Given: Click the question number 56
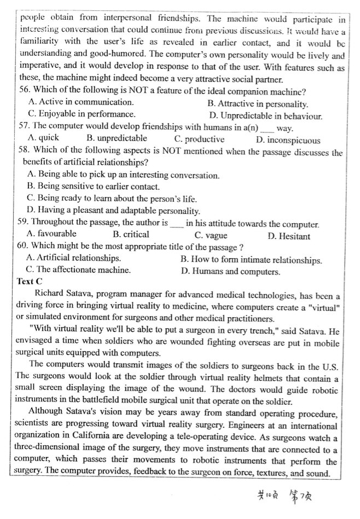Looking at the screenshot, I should pos(25,91).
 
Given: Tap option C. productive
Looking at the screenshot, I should pos(199,139).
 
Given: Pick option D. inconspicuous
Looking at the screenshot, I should pos(288,140).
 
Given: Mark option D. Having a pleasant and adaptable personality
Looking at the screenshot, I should pos(113,211).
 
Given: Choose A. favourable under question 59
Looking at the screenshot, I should pos(52,234).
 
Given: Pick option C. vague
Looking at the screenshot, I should pos(211,236).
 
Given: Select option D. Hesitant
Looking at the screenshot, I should pos(289,236).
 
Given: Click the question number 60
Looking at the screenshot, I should pos(24,246).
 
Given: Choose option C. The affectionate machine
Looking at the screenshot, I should pos(79,270).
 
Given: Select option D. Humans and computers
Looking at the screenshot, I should pos(230,271).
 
